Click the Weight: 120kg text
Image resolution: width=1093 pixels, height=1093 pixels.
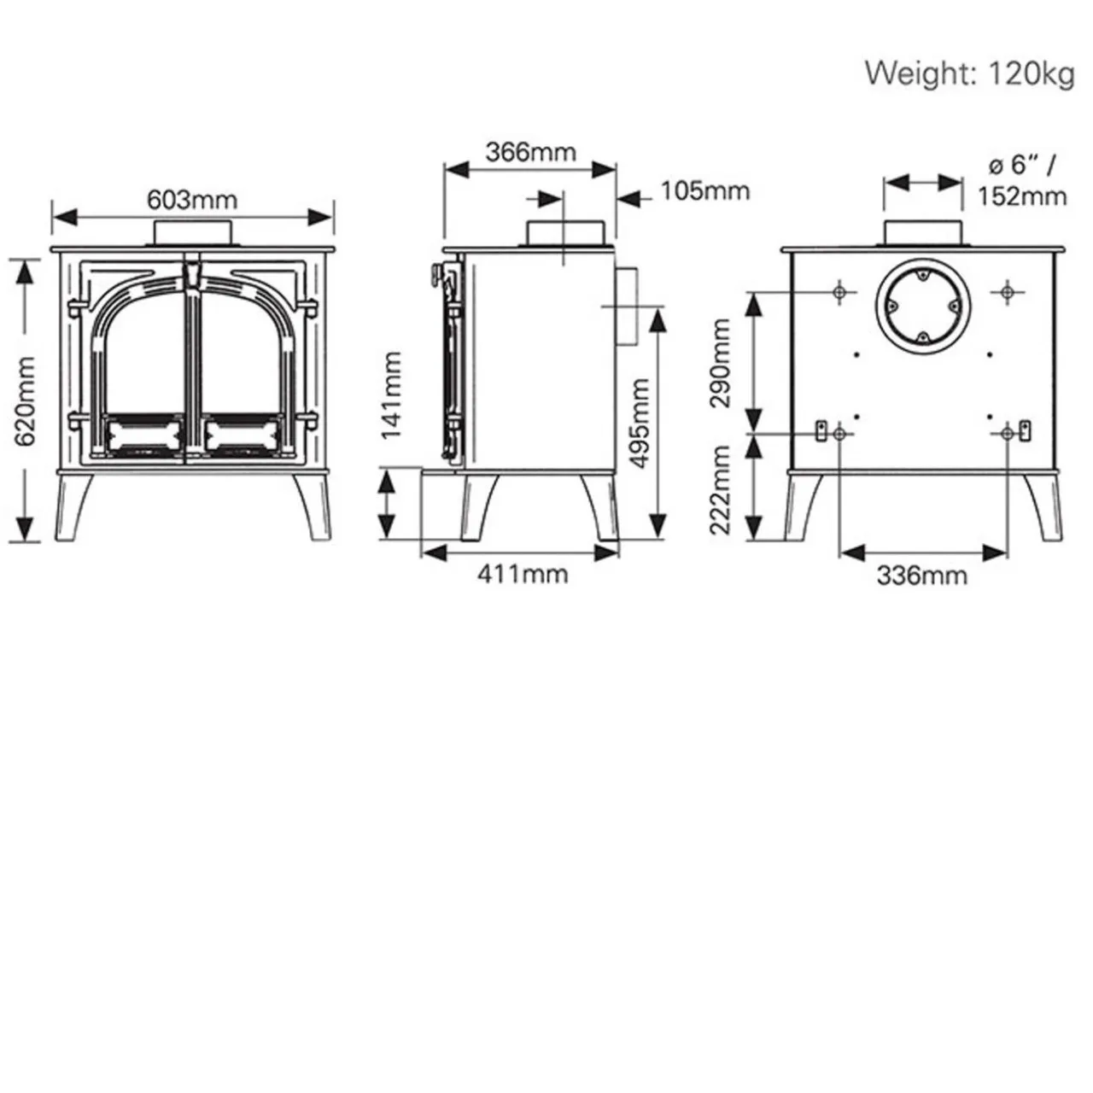[x=969, y=73]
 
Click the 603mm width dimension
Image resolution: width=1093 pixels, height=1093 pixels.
[x=192, y=200]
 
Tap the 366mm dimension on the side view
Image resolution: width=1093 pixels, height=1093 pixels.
[x=530, y=152]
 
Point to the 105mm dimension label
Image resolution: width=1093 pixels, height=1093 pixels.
[x=704, y=190]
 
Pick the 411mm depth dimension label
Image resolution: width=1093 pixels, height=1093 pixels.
[x=522, y=574]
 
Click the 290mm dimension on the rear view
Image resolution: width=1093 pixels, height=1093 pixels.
[x=721, y=362]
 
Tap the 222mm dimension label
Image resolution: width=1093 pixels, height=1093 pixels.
[x=721, y=489]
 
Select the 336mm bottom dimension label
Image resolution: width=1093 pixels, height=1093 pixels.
[x=922, y=576]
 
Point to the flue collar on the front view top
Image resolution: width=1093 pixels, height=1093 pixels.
[x=192, y=233]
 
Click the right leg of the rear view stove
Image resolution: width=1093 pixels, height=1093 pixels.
[x=1043, y=506]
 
